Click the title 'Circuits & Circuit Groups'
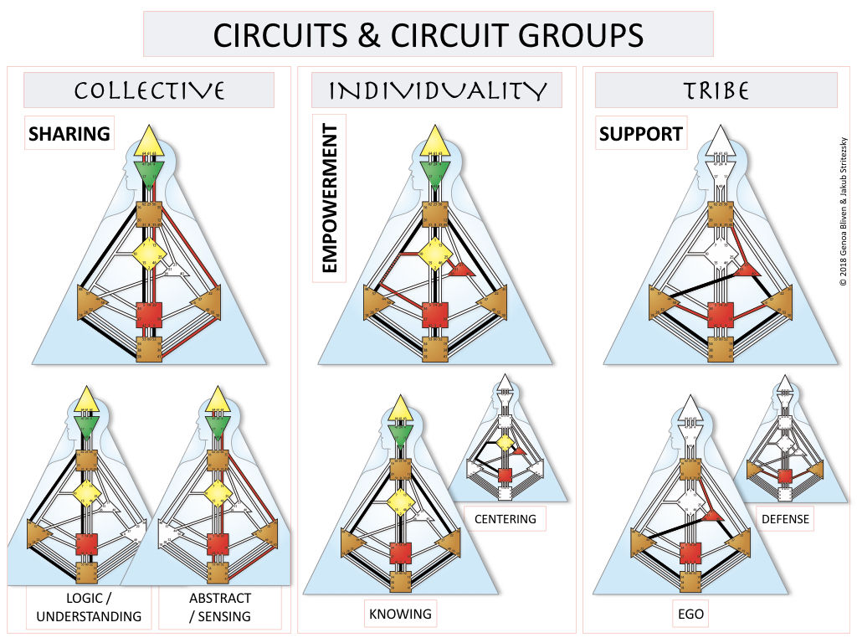pyautogui.click(x=428, y=34)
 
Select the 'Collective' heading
pyautogui.click(x=149, y=90)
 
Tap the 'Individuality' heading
pyautogui.click(x=437, y=90)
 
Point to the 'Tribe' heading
pyautogui.click(x=715, y=90)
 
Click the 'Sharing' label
pyautogui.click(x=69, y=134)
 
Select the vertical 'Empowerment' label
pyautogui.click(x=329, y=198)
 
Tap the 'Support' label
pyautogui.click(x=641, y=134)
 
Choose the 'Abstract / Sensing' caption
pyautogui.click(x=219, y=609)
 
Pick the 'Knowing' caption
pyautogui.click(x=400, y=615)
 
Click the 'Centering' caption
pyautogui.click(x=505, y=519)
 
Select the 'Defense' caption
pyautogui.click(x=785, y=519)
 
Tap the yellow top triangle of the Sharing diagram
pyautogui.click(x=148, y=141)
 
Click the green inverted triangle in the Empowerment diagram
pyautogui.click(x=434, y=173)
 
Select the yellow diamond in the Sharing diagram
pyautogui.click(x=148, y=250)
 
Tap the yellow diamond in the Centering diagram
pyautogui.click(x=504, y=442)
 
